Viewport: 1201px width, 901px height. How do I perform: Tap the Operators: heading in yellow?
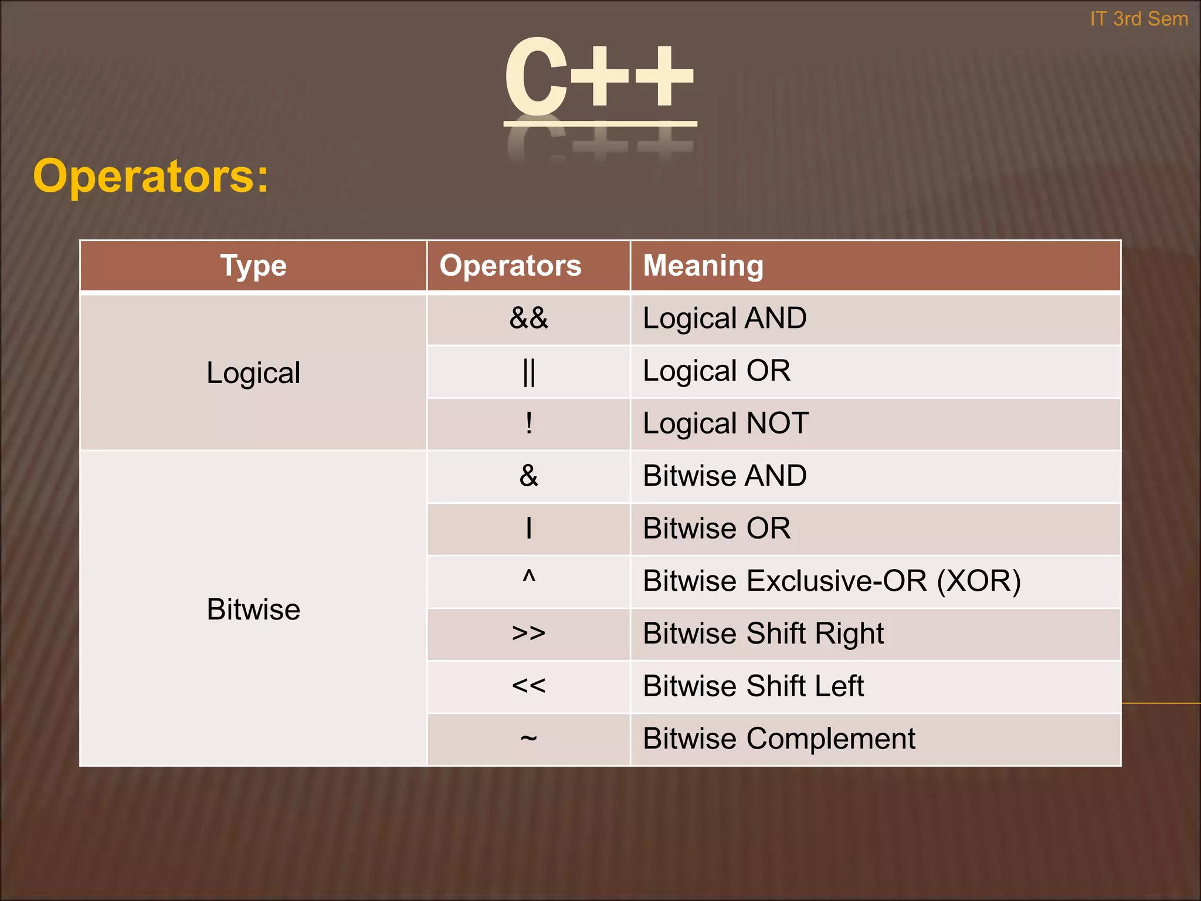pyautogui.click(x=151, y=176)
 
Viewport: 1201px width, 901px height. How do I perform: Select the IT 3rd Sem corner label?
pyautogui.click(x=1138, y=19)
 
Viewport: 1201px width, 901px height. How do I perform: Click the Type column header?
pyautogui.click(x=253, y=266)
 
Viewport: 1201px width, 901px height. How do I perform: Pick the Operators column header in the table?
pyautogui.click(x=510, y=266)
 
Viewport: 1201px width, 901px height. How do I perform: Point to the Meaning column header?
pyautogui.click(x=703, y=266)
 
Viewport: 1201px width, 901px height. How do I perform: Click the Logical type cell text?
pyautogui.click(x=253, y=373)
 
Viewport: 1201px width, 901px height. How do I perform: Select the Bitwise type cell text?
pyautogui.click(x=253, y=609)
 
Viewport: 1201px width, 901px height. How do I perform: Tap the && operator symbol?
pyautogui.click(x=528, y=319)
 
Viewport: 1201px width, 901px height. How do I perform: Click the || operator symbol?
pyautogui.click(x=528, y=372)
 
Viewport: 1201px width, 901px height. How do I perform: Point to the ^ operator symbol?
pyautogui.click(x=528, y=577)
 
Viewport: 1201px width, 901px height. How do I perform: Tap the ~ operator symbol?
pyautogui.click(x=528, y=738)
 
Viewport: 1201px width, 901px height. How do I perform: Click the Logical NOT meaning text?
pyautogui.click(x=725, y=424)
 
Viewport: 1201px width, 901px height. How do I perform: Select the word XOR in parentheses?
pyautogui.click(x=978, y=581)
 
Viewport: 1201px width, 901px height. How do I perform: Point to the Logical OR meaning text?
pyautogui.click(x=716, y=371)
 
